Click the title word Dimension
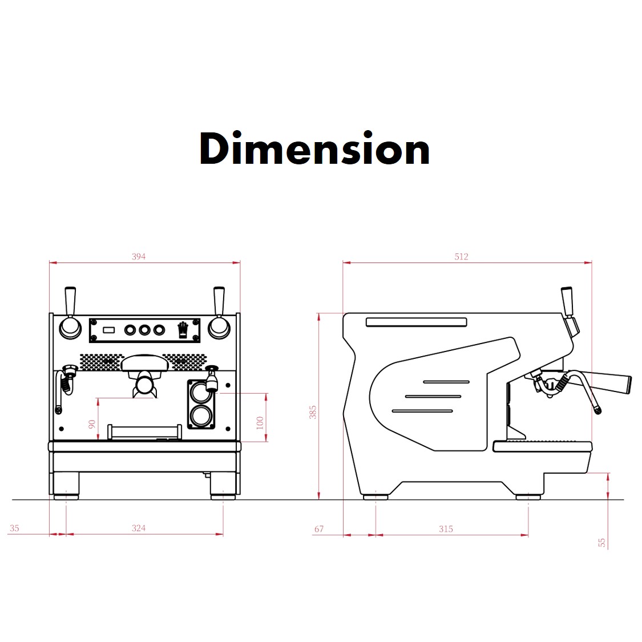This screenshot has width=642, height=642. coord(314,148)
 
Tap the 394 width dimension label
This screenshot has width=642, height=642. coord(139,256)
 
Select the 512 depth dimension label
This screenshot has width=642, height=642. coord(461,256)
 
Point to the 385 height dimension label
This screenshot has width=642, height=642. coord(313,412)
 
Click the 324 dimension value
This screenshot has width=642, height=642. coord(139,528)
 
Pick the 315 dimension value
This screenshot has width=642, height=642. coord(446,528)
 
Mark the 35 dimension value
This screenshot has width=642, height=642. coord(14,528)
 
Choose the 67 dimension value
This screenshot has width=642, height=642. coord(319,528)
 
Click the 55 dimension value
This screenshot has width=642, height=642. coord(601,543)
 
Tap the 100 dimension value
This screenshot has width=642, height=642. coord(260,422)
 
